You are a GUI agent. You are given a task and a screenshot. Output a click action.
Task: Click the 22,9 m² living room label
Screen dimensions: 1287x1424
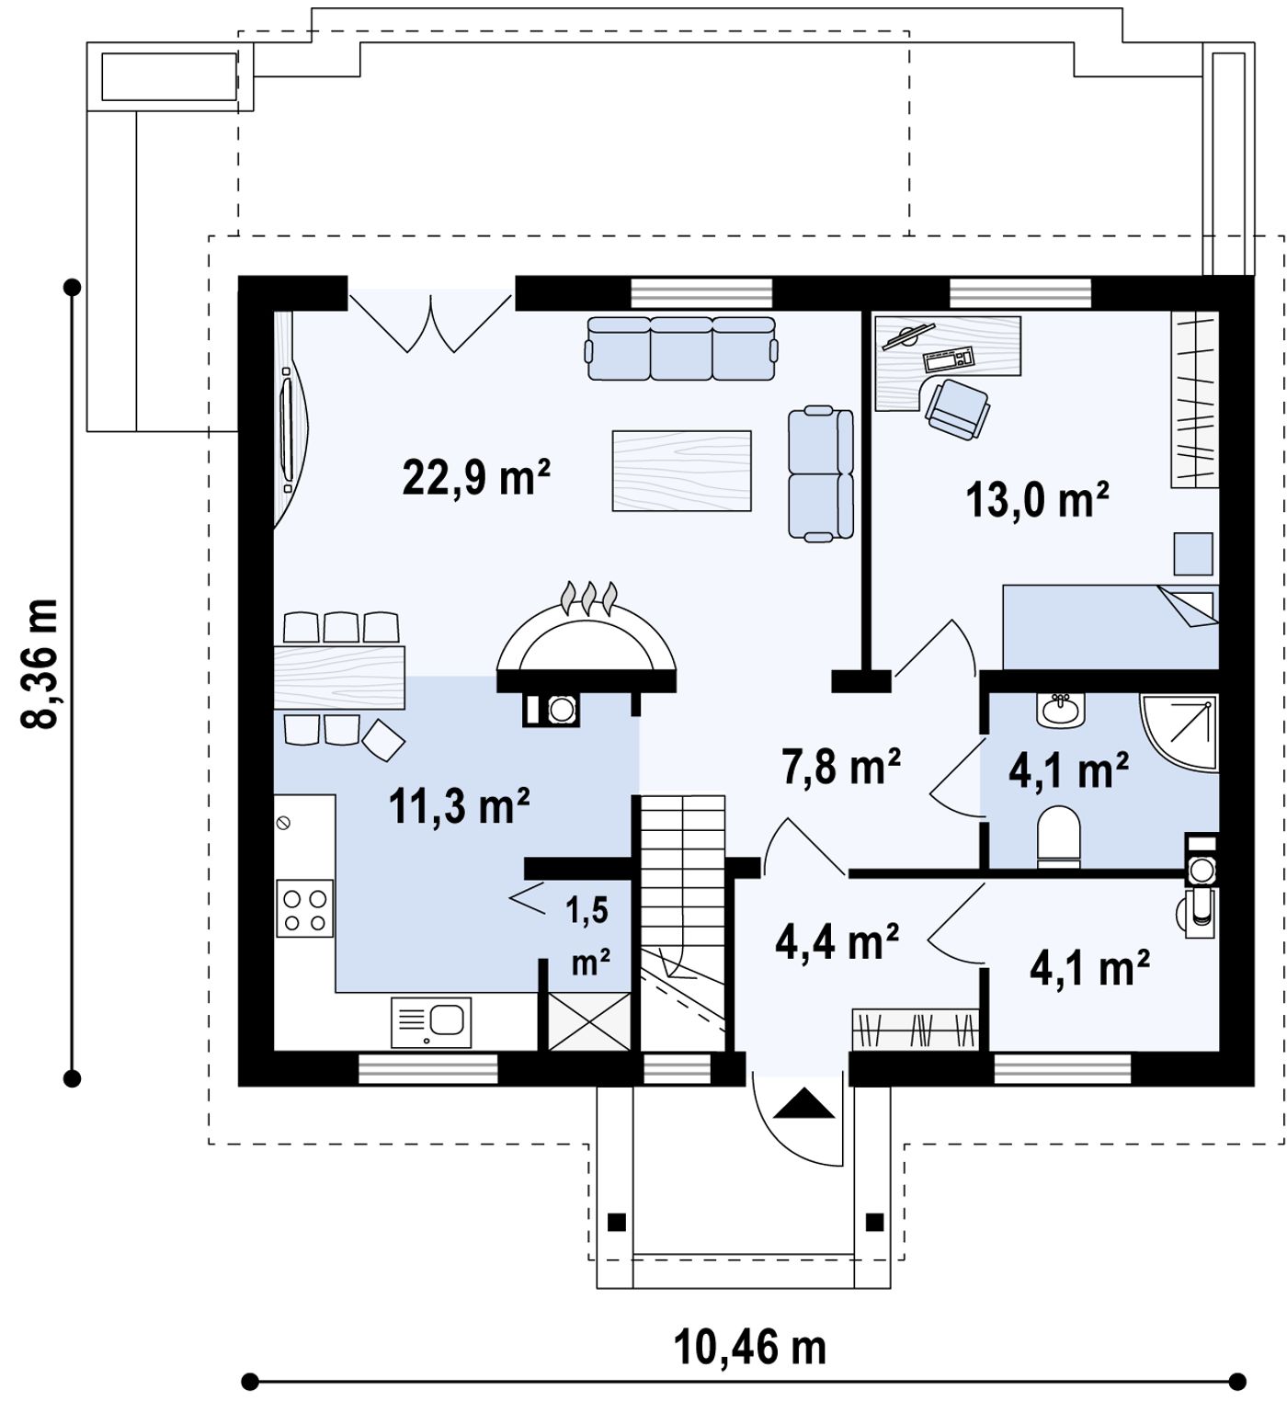476,477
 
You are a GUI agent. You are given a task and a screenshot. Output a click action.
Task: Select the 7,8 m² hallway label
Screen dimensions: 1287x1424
841,766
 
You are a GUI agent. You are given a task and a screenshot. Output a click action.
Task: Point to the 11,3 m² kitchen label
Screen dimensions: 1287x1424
460,806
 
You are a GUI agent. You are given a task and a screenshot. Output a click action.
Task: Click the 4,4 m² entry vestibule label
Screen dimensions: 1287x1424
837,941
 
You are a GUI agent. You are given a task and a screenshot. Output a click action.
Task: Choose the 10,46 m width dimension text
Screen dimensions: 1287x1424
750,1348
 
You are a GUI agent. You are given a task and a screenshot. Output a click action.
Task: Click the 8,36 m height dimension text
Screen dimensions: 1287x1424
40,663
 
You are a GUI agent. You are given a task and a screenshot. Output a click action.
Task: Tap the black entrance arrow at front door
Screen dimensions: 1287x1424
804,1103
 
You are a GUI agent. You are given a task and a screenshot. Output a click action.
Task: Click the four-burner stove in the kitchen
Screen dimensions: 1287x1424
304,908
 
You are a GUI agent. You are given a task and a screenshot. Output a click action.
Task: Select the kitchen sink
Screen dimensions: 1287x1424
431,1021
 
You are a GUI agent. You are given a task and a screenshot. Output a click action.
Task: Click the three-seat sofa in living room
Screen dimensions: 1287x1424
682,348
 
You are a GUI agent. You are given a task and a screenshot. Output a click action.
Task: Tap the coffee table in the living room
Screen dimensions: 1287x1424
682,471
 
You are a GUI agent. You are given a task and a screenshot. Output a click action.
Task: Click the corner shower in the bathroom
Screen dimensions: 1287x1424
1179,733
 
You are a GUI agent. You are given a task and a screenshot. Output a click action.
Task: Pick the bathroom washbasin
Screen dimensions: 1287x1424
1062,711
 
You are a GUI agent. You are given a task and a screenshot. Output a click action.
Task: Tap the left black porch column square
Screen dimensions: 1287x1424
617,1222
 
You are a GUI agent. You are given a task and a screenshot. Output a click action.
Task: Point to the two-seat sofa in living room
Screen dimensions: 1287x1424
821,473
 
